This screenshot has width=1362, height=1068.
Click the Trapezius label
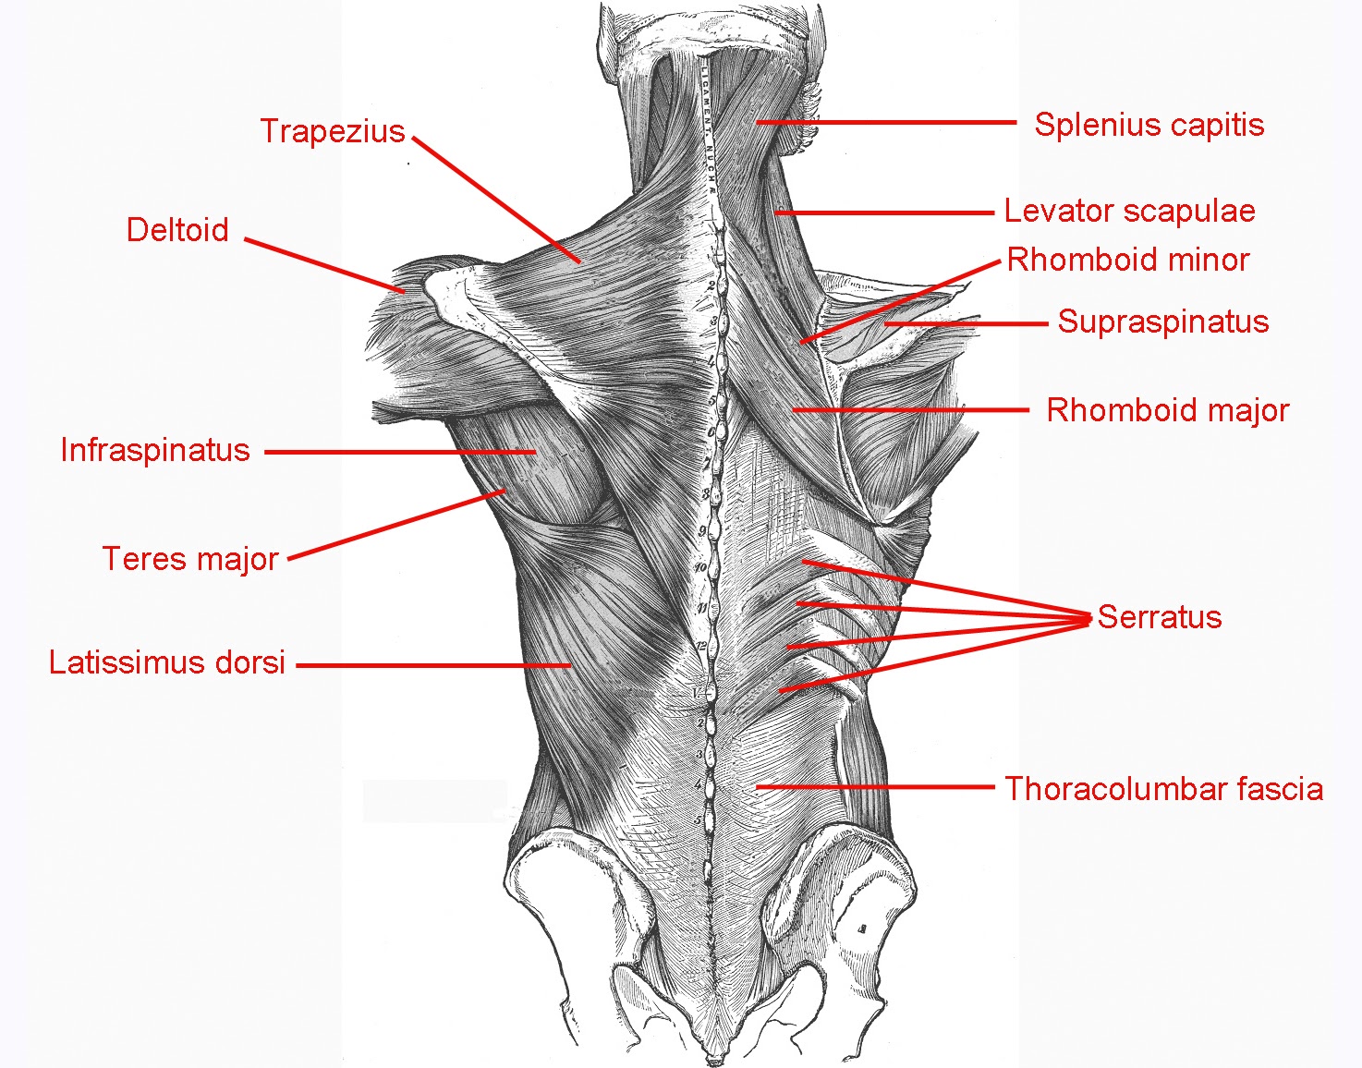tap(333, 132)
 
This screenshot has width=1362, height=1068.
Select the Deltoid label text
tap(177, 230)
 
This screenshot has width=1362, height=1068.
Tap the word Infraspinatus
tap(155, 451)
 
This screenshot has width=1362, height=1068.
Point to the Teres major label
tap(190, 559)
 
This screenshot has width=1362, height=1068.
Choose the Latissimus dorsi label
tap(167, 663)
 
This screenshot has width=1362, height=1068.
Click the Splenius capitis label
tap(1149, 125)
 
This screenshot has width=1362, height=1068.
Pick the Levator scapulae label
tap(1129, 212)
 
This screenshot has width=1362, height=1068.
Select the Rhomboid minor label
tap(1127, 261)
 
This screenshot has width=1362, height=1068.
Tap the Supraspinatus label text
tap(1162, 322)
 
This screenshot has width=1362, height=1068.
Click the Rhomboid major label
tap(1167, 410)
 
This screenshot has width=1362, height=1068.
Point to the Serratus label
tap(1160, 617)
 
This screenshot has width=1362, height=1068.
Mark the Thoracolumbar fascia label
tap(1163, 789)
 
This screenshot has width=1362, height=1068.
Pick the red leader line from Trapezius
tap(496, 200)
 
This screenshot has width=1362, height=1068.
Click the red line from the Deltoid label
tap(325, 266)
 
